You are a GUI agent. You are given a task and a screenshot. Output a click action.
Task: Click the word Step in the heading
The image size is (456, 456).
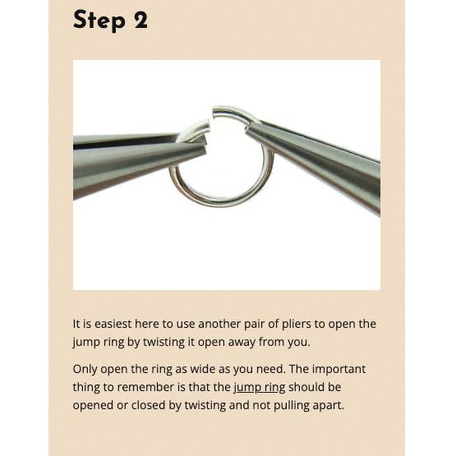99,20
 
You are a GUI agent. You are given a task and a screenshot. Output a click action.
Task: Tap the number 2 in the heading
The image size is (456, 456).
140,20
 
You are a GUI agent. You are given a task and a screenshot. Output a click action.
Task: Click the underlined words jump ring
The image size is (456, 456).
260,388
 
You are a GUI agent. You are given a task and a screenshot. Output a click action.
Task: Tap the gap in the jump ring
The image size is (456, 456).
211,118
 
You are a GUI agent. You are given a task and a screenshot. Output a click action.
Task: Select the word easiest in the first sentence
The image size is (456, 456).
113,324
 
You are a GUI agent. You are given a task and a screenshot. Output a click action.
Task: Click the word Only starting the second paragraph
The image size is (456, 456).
85,370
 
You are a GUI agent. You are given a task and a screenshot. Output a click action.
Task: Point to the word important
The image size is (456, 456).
339,370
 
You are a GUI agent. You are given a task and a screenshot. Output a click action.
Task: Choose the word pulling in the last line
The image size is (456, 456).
292,406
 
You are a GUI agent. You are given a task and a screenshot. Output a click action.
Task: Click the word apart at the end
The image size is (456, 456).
329,406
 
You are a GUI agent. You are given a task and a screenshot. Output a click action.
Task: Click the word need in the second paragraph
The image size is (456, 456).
272,370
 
